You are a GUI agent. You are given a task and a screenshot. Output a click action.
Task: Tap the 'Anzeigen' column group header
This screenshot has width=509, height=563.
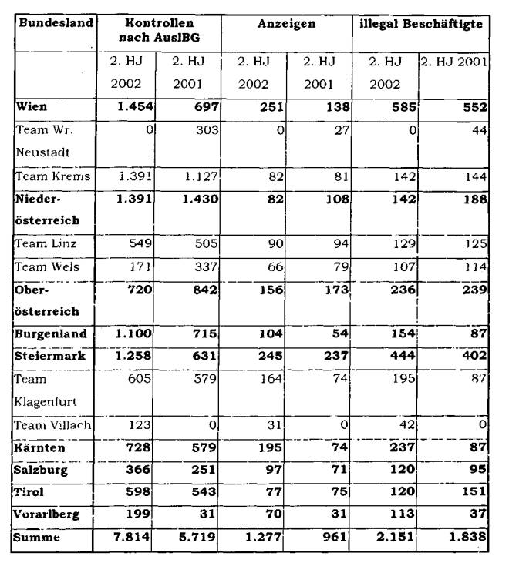pyautogui.click(x=287, y=24)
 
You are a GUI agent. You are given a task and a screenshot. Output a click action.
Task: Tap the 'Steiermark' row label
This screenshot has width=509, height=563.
pyautogui.click(x=50, y=357)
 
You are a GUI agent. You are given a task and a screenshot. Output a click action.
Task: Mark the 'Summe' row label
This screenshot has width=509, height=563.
pyautogui.click(x=36, y=538)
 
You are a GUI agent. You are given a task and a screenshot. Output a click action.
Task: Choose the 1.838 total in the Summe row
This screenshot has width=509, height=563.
pyautogui.click(x=467, y=538)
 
